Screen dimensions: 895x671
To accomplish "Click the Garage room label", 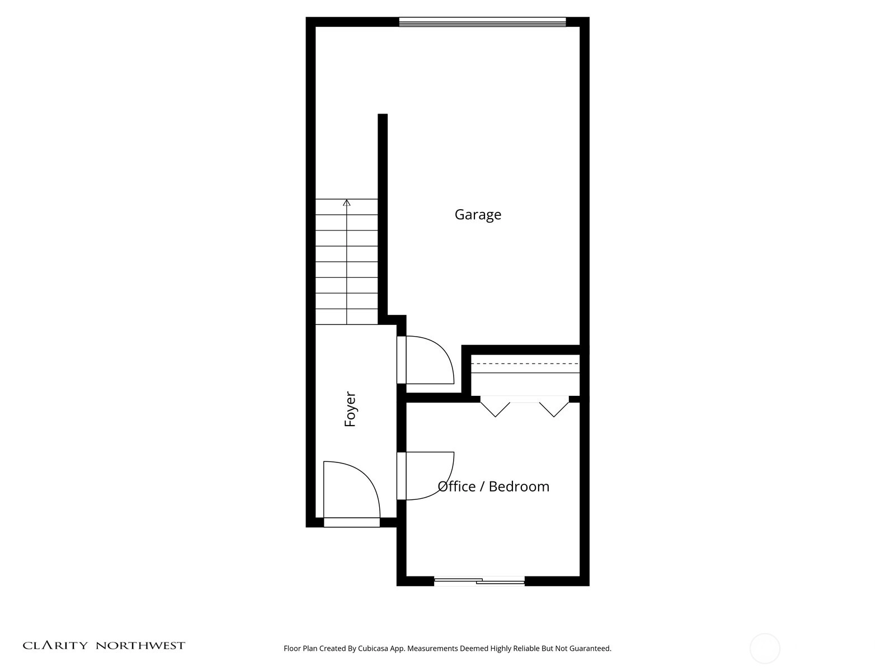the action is [478, 214].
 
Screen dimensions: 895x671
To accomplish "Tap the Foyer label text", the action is [350, 409].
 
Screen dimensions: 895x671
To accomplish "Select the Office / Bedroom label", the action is [493, 486].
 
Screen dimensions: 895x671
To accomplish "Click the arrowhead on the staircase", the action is [347, 202].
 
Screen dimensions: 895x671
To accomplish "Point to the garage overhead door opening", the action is [482, 22].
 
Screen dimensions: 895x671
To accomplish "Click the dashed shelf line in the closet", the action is [525, 363].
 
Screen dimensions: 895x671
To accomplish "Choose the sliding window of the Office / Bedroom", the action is [479, 581].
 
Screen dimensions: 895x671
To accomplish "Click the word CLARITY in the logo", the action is [55, 645].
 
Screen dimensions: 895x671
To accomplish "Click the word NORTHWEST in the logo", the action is [140, 645].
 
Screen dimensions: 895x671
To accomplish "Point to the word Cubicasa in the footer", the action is [373, 648].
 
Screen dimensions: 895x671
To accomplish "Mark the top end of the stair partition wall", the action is [383, 114].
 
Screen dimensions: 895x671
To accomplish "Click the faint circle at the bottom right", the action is [765, 648].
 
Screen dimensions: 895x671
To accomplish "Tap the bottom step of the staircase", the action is [347, 316].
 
